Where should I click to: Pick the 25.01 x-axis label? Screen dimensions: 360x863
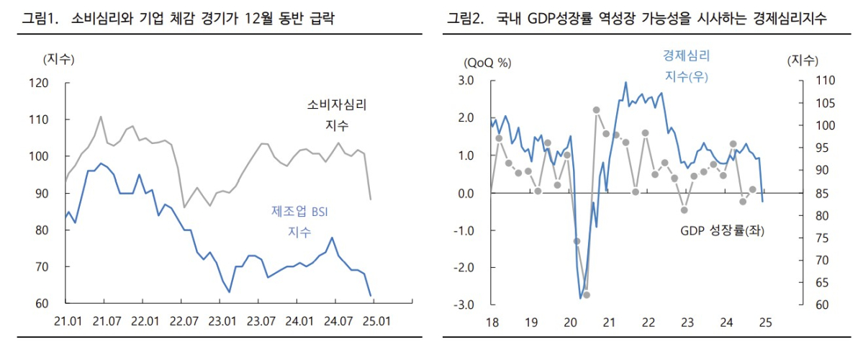[x=376, y=320]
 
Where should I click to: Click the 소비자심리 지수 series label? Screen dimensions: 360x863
[x=337, y=115]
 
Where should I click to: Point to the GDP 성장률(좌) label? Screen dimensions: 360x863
[x=722, y=231]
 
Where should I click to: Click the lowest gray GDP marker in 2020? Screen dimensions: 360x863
[x=587, y=294]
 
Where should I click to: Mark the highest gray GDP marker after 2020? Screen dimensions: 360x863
[x=596, y=109]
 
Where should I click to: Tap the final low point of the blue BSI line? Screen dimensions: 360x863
[x=371, y=295]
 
